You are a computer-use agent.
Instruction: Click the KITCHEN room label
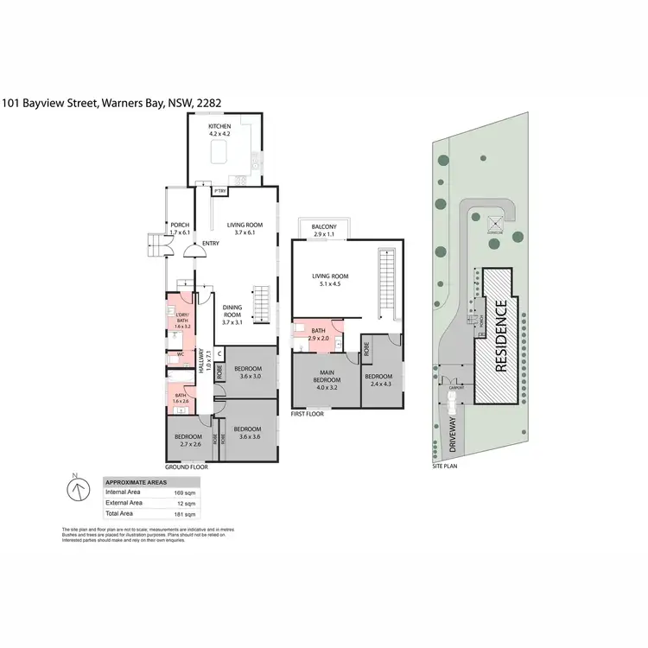[x=219, y=127]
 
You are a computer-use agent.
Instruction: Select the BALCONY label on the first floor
[x=324, y=226]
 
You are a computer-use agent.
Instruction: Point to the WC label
[x=181, y=354]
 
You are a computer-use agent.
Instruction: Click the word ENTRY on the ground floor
[x=210, y=243]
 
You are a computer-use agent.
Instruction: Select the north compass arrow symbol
[x=76, y=490]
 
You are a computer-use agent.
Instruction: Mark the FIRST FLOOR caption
[x=308, y=414]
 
